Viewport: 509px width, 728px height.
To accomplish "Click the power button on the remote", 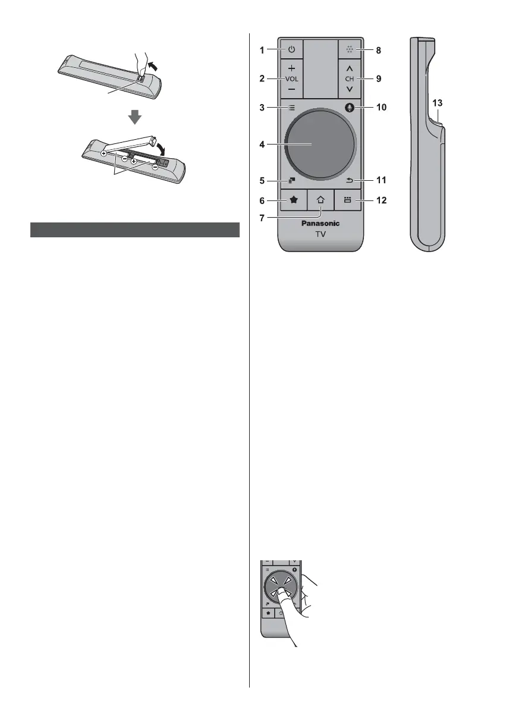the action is coord(291,51).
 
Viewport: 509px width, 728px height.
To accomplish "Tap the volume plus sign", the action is coord(291,68).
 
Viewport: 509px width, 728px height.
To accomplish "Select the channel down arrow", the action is coord(349,89).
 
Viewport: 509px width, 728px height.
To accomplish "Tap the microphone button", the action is coord(349,108).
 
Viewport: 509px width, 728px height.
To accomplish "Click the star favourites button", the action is coord(293,201).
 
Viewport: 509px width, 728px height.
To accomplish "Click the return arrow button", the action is coord(349,179).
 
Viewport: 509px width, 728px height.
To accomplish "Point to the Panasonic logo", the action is coord(320,224).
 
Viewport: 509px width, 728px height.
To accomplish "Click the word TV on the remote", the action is coord(320,236).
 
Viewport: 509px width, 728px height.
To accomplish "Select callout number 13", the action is coord(437,102).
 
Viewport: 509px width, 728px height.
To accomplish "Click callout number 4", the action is coord(263,143).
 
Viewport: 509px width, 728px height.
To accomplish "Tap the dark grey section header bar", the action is coord(135,230).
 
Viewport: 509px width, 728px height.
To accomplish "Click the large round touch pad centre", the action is coord(320,143).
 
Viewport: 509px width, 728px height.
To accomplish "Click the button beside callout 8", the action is coord(349,51).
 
